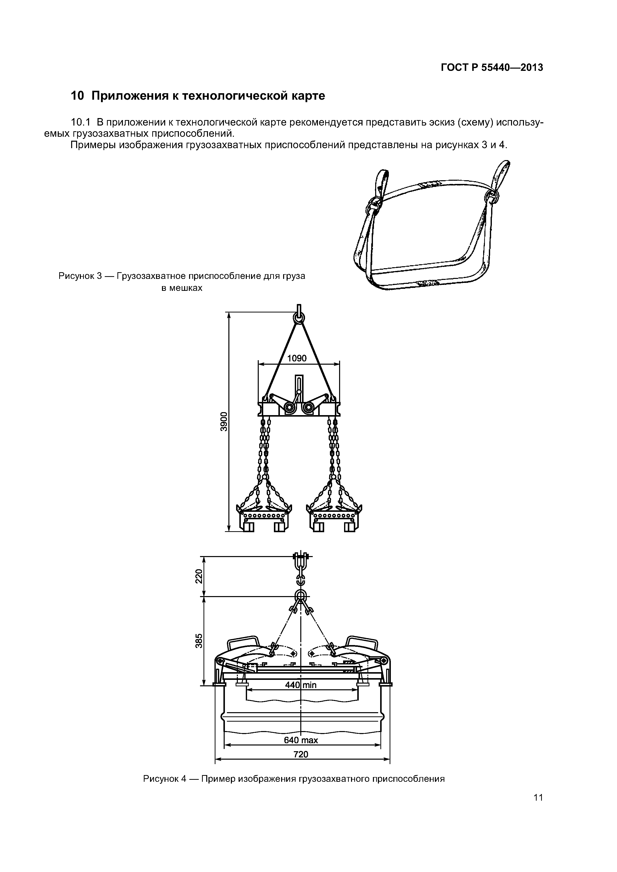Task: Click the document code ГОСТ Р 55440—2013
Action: pyautogui.click(x=492, y=68)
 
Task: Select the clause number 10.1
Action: pyautogui.click(x=81, y=123)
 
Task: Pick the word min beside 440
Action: pyautogui.click(x=310, y=685)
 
